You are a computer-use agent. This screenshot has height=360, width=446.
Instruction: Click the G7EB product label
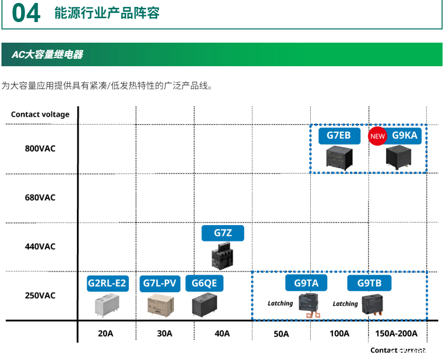[339, 135]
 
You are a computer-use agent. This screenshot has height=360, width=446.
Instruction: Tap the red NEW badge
[377, 136]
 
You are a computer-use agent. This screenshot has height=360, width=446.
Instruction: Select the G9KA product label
[404, 135]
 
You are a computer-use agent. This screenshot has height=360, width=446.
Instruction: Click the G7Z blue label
[223, 233]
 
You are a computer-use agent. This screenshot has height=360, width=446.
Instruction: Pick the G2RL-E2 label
[107, 283]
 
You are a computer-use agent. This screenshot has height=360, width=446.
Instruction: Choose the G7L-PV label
[160, 283]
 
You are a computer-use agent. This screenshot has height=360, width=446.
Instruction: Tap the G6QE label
[204, 283]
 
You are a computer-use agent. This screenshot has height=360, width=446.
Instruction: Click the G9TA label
[306, 283]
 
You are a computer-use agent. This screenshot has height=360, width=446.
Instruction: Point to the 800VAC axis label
[40, 149]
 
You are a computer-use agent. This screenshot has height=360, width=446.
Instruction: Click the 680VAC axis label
[40, 198]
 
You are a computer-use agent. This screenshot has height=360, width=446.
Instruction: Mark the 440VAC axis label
[40, 246]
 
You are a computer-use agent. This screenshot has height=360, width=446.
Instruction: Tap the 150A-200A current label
[396, 334]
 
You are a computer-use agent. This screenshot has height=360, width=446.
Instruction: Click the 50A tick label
[281, 334]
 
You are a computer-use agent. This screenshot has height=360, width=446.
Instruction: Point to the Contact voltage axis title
[40, 114]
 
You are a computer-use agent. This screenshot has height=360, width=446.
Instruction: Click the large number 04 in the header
[26, 14]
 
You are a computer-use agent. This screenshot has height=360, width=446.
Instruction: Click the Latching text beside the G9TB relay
[345, 304]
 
